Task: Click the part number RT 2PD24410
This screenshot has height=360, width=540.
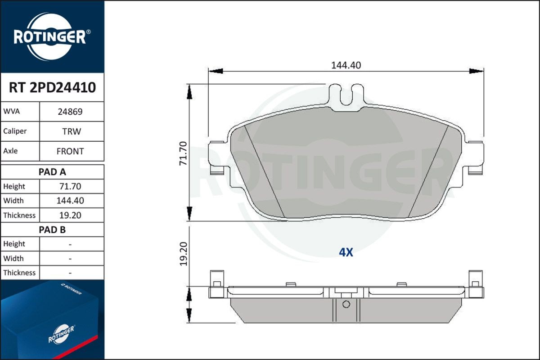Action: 52,88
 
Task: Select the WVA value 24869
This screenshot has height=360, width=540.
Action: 70,112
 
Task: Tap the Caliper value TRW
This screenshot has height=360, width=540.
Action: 71,132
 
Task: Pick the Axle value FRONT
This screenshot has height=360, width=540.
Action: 70,152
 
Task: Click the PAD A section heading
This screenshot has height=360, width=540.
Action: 52,171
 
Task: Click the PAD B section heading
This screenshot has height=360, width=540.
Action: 52,229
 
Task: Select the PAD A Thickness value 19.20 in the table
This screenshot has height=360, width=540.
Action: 70,215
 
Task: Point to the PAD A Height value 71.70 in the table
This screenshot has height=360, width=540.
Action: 70,186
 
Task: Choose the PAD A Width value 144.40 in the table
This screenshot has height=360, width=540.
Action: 70,201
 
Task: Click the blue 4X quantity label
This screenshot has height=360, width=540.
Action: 346,252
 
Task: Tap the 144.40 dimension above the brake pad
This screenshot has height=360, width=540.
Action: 346,65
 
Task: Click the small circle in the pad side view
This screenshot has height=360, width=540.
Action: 346,304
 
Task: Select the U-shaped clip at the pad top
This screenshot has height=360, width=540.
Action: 346,94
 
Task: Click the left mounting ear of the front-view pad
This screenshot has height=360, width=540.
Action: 219,157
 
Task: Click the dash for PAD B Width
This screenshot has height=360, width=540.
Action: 70,259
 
